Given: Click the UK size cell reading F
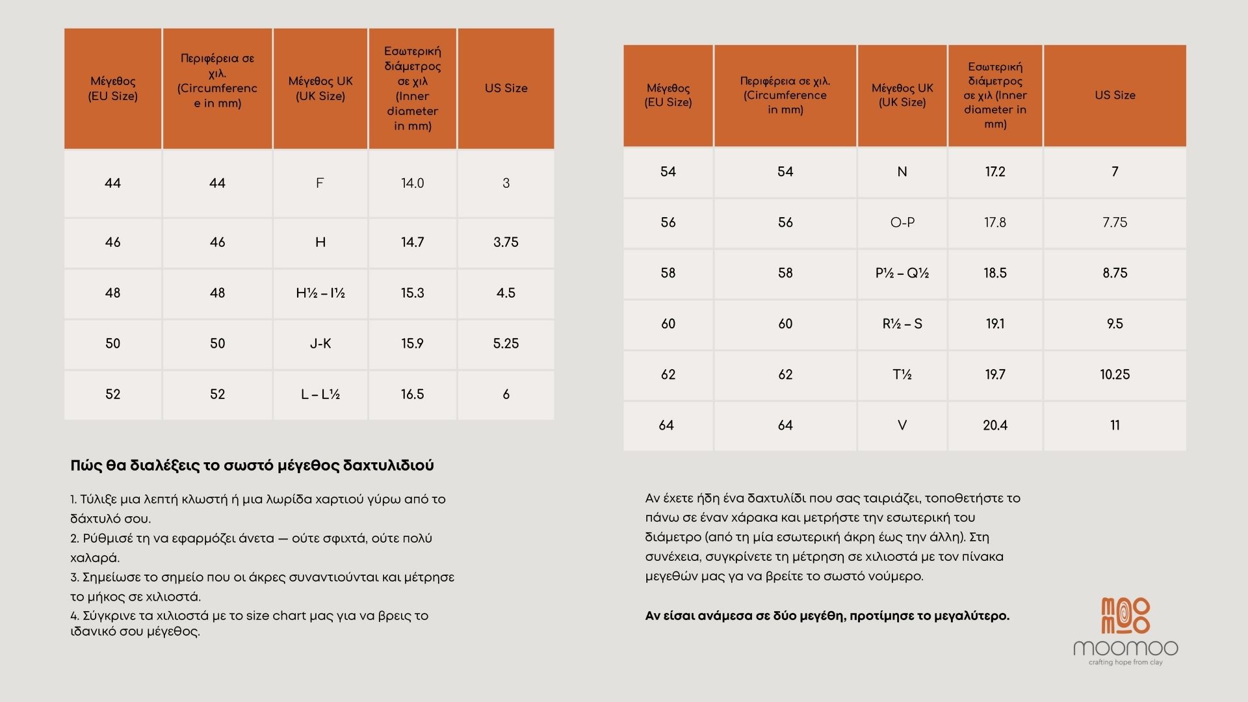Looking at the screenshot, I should point(320,183).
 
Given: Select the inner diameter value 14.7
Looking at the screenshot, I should point(412,242).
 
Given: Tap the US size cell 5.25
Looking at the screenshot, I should point(506,344).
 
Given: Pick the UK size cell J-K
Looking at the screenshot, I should point(320,344).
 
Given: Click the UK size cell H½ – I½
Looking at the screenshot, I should point(320,293).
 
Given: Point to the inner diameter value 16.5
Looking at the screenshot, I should point(412,395).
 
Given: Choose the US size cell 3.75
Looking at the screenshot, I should point(506,242).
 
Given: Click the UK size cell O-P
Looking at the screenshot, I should point(902,222).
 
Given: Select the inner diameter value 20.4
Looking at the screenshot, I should point(995,425).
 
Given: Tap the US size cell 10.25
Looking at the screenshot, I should point(1115,374).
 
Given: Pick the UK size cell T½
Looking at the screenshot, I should point(902,374).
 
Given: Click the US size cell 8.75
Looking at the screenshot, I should point(1115,273).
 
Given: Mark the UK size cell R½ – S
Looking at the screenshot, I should point(902,324).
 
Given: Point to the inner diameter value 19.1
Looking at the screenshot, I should point(995,324).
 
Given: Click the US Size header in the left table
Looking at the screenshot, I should point(506,88).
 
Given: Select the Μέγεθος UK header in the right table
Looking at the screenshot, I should point(902,95).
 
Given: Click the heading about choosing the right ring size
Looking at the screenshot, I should point(252,465).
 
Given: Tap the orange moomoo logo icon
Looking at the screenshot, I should point(1125,616).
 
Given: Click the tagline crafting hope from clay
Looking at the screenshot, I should point(1125,662).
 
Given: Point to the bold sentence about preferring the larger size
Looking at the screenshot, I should point(827,616).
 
